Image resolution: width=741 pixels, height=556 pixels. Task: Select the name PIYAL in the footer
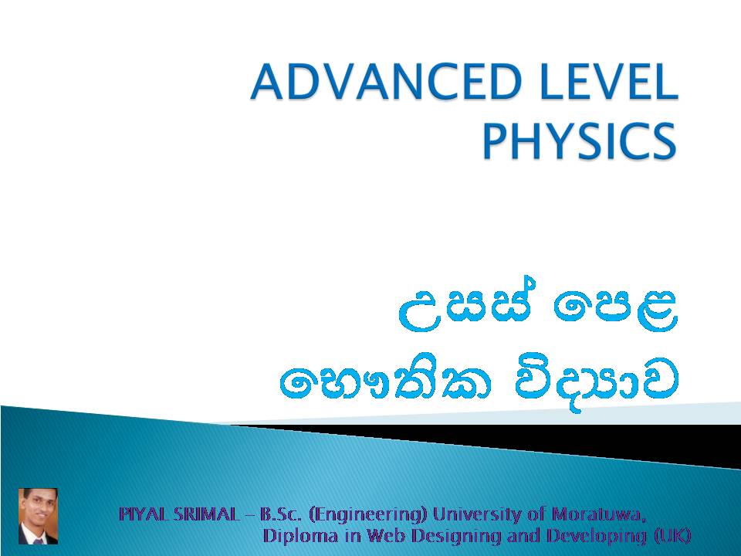click(x=144, y=514)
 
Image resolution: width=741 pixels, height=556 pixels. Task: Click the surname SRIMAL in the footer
click(x=207, y=514)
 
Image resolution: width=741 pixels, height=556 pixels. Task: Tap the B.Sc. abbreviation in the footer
click(x=280, y=514)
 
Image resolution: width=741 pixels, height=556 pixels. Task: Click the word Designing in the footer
click(x=445, y=535)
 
